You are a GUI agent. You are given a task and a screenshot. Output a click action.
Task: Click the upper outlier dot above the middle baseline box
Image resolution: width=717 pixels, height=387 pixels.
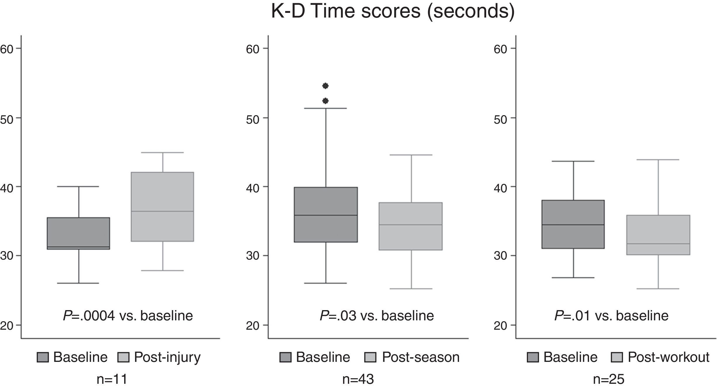tap(325, 86)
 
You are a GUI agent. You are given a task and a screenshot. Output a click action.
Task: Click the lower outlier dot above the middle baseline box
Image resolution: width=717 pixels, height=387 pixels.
tap(325, 101)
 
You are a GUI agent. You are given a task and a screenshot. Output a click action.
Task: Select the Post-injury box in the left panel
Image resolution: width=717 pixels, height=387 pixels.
tap(162, 193)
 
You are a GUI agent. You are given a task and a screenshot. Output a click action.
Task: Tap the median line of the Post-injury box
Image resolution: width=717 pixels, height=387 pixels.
tap(162, 211)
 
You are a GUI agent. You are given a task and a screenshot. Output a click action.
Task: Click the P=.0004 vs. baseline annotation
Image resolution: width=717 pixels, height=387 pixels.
tap(128, 316)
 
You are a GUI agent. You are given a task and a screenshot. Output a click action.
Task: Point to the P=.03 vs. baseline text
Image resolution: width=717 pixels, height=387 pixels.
tap(377, 316)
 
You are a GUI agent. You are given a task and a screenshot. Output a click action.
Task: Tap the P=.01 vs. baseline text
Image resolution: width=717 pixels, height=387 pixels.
tap(611, 316)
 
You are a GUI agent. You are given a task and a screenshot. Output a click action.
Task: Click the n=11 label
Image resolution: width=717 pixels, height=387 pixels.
tap(112, 379)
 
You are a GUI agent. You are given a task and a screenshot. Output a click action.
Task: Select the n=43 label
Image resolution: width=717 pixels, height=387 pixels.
tap(358, 379)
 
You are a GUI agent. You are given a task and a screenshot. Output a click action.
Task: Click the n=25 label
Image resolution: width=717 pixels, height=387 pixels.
tap(609, 379)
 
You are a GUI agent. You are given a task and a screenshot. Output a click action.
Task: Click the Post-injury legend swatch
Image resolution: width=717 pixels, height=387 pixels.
tap(123, 357)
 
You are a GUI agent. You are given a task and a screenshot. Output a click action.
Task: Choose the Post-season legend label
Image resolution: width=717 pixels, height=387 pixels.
tap(420, 357)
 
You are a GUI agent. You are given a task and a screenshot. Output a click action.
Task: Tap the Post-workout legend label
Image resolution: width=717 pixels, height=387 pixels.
tap(668, 357)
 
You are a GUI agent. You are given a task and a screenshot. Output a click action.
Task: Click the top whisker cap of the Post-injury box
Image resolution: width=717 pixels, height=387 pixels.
tap(162, 153)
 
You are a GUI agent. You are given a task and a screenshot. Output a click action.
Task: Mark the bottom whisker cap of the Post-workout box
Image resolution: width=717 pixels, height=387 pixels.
tap(658, 289)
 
